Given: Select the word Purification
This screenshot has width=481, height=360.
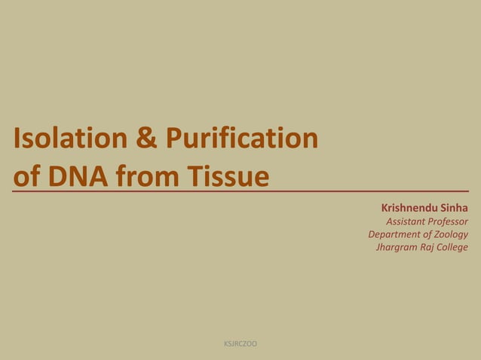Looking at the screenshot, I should [x=241, y=139].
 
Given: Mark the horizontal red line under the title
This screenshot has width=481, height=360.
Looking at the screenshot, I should [x=241, y=192].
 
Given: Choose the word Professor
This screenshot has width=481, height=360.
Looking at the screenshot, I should [x=448, y=221].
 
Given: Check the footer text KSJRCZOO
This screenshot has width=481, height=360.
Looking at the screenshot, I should [x=240, y=344].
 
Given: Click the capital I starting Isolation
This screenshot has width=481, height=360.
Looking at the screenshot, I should [x=17, y=139].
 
